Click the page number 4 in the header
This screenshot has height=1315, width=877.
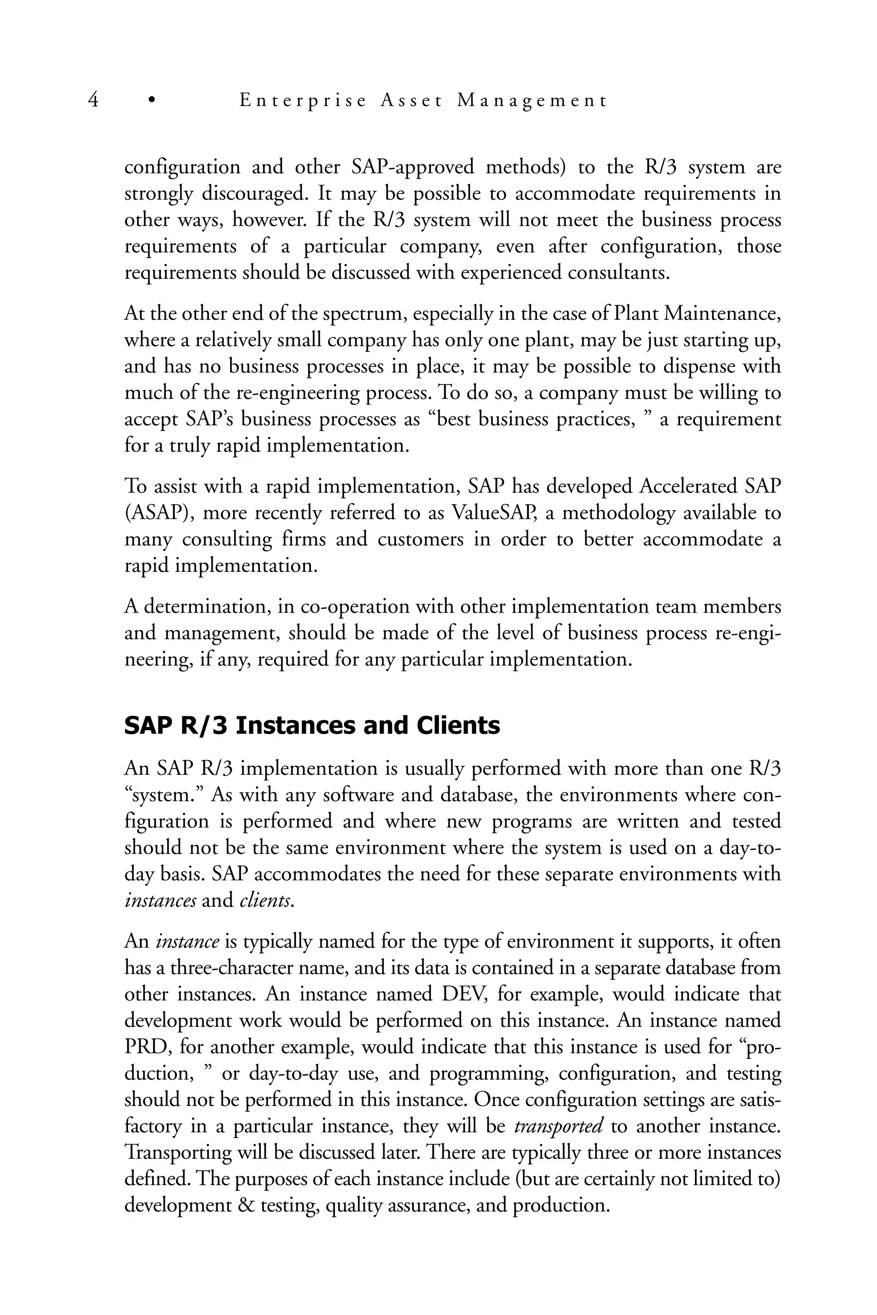coord(93,101)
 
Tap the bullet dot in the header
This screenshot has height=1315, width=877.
coord(151,101)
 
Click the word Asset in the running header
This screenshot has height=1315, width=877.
coord(411,101)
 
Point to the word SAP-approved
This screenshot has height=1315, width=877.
coord(413,167)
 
